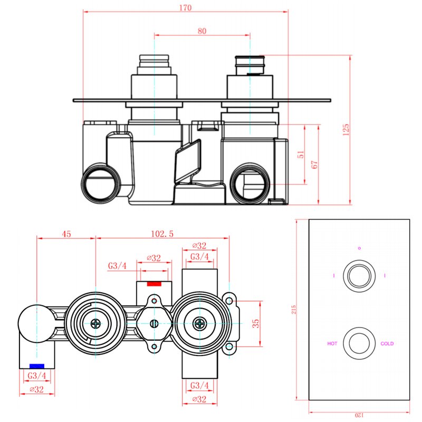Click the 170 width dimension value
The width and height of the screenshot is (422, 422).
(186, 7)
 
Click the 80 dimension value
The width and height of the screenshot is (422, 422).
(202, 31)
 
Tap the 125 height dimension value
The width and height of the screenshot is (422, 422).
(346, 129)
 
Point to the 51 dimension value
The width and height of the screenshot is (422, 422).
(301, 154)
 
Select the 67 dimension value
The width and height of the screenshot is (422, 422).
(314, 165)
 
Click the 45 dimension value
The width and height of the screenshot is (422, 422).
(66, 234)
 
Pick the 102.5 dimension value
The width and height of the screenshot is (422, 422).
(162, 234)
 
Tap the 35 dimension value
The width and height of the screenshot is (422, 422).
(256, 323)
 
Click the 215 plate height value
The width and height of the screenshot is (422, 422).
(294, 310)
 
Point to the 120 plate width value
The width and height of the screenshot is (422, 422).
(359, 415)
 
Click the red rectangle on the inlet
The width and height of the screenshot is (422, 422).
(154, 284)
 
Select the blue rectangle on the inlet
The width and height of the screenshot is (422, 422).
(37, 366)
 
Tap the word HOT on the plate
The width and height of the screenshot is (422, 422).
(332, 343)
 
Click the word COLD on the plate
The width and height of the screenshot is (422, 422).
(387, 343)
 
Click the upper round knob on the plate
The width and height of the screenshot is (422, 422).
(359, 276)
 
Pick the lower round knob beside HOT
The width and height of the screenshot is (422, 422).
(359, 343)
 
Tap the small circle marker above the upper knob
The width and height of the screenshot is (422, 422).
(359, 248)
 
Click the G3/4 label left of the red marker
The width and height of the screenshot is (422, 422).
(117, 266)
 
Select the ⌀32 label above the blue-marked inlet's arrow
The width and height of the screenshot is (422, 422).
(37, 389)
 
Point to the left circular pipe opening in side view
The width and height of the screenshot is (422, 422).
(100, 183)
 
